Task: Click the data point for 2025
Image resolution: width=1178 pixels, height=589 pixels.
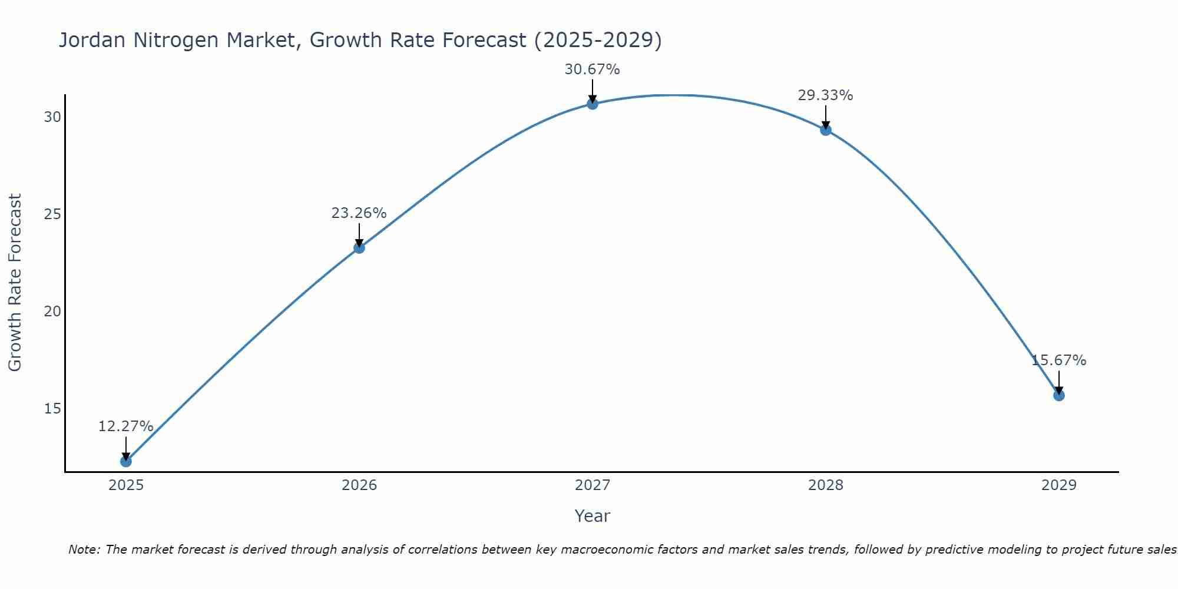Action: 125,461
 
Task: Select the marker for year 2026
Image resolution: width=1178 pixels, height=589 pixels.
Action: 359,248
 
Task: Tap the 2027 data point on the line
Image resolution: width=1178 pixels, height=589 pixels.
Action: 593,104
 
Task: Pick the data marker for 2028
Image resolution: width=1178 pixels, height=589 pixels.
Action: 826,130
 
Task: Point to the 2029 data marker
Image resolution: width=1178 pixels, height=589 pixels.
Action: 1059,395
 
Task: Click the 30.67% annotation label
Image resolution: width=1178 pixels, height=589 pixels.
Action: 592,70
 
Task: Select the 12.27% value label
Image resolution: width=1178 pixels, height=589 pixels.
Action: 125,426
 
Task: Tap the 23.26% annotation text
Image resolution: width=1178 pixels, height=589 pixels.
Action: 359,213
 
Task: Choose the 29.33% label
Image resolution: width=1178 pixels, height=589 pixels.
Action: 825,95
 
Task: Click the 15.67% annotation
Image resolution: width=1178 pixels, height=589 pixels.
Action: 1058,360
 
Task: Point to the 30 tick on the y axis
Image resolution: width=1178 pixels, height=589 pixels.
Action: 52,117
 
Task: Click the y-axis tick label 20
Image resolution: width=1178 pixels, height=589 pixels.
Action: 52,312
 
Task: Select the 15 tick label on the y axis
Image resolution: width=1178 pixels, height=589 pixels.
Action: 52,409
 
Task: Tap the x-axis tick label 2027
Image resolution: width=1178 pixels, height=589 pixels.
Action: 593,485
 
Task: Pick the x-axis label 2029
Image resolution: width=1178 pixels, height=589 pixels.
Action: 1059,485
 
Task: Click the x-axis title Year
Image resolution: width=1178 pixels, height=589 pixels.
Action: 592,516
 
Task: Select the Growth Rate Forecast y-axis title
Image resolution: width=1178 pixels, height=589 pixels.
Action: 15,283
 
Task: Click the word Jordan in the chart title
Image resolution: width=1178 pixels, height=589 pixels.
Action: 92,41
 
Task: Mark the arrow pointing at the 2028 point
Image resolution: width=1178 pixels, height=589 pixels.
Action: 826,117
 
